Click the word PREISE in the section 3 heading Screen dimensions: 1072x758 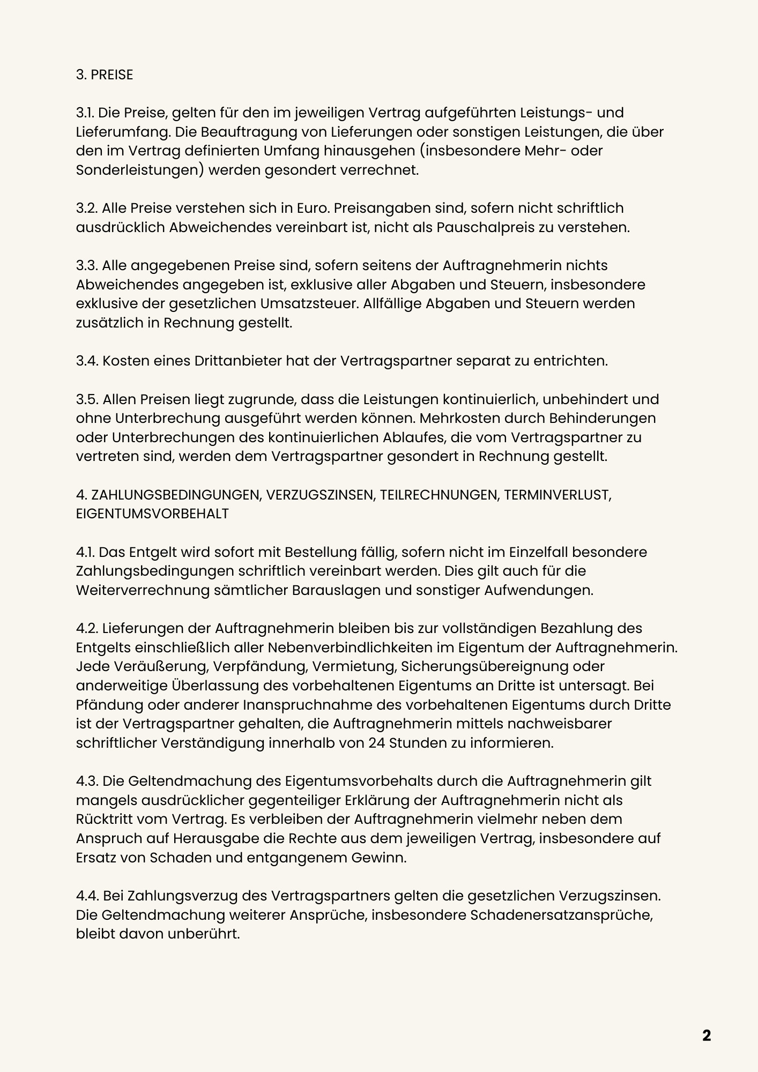coord(112,75)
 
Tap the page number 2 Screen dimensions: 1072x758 coord(707,1035)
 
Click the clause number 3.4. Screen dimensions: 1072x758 coord(87,361)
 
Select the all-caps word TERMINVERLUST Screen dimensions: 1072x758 coord(557,495)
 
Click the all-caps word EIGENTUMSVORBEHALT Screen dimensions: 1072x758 coord(152,513)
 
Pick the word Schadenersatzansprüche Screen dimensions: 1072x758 coord(561,915)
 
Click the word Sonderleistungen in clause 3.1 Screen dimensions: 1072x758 coord(139,170)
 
